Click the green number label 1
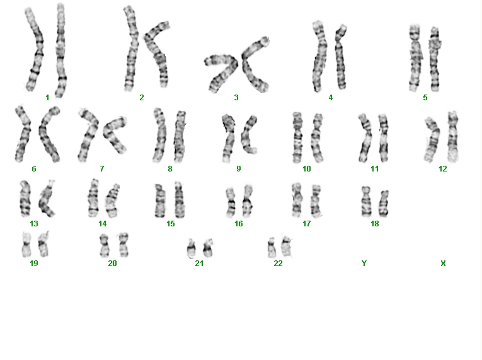click(x=47, y=98)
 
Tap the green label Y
click(x=364, y=264)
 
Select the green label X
click(x=443, y=264)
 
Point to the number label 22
click(x=278, y=264)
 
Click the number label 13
click(x=34, y=224)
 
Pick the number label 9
click(x=239, y=169)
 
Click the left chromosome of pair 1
click(x=35, y=49)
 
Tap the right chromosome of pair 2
click(x=158, y=53)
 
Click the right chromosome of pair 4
click(x=341, y=59)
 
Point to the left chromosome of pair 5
click(x=416, y=58)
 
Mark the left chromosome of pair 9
click(x=228, y=139)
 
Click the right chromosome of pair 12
click(x=453, y=137)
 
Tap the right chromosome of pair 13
click(x=46, y=199)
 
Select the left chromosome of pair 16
click(x=231, y=202)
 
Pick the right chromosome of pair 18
click(x=384, y=204)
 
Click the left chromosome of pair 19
click(x=26, y=245)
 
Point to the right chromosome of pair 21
click(x=208, y=248)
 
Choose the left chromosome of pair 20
click(x=105, y=245)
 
